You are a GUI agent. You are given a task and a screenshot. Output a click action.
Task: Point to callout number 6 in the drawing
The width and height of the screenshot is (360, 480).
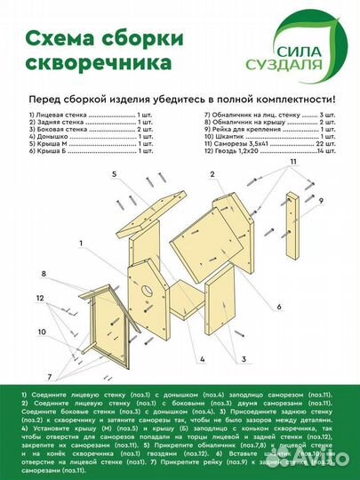pos(278,307)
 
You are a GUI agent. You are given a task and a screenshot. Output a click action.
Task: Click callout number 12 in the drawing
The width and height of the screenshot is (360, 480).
pos(41,297)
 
